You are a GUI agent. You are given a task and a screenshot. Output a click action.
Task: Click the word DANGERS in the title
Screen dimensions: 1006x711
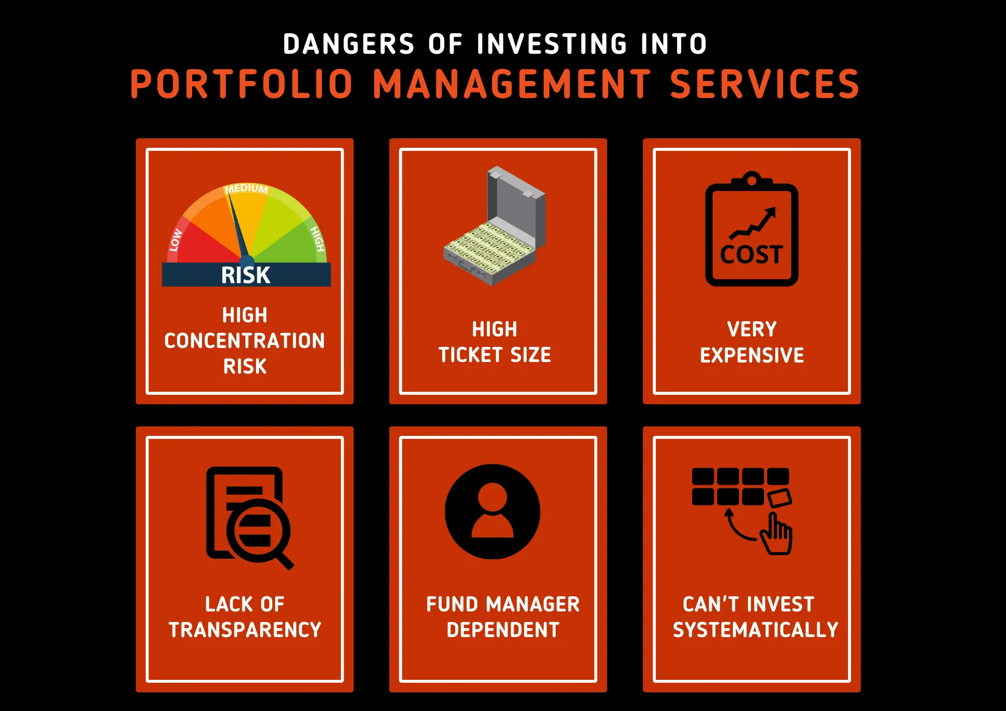pyautogui.click(x=349, y=44)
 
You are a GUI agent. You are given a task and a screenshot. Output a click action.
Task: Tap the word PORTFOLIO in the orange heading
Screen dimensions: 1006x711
pyautogui.click(x=242, y=84)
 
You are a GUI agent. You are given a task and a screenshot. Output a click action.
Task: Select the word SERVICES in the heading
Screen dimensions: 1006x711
pyautogui.click(x=765, y=84)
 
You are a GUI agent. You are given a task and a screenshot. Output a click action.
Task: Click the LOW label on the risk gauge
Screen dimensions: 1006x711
pyautogui.click(x=176, y=240)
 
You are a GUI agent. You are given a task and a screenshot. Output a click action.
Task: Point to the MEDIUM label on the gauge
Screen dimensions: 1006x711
pyautogui.click(x=246, y=189)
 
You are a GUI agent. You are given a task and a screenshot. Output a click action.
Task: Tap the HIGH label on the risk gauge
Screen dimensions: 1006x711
pyautogui.click(x=317, y=238)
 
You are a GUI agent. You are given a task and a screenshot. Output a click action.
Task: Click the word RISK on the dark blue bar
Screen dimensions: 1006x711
pyautogui.click(x=246, y=275)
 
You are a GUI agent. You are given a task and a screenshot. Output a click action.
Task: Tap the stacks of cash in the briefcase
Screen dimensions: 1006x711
pyautogui.click(x=488, y=249)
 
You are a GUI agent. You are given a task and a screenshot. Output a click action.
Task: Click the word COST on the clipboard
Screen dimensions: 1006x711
pyautogui.click(x=751, y=254)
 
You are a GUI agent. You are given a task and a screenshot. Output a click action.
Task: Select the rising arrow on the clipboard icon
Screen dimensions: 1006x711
pyautogui.click(x=753, y=223)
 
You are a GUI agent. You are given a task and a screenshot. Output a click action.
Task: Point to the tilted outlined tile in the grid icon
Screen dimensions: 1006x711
pyautogui.click(x=779, y=497)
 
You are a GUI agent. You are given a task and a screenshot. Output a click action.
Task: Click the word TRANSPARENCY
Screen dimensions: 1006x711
pyautogui.click(x=245, y=630)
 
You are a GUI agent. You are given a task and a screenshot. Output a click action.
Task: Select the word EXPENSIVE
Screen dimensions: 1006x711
pyautogui.click(x=752, y=355)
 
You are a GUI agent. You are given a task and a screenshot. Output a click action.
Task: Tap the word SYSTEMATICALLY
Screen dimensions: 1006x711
pyautogui.click(x=756, y=630)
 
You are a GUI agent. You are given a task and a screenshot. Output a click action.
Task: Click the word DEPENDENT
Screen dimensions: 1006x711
pyautogui.click(x=503, y=630)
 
